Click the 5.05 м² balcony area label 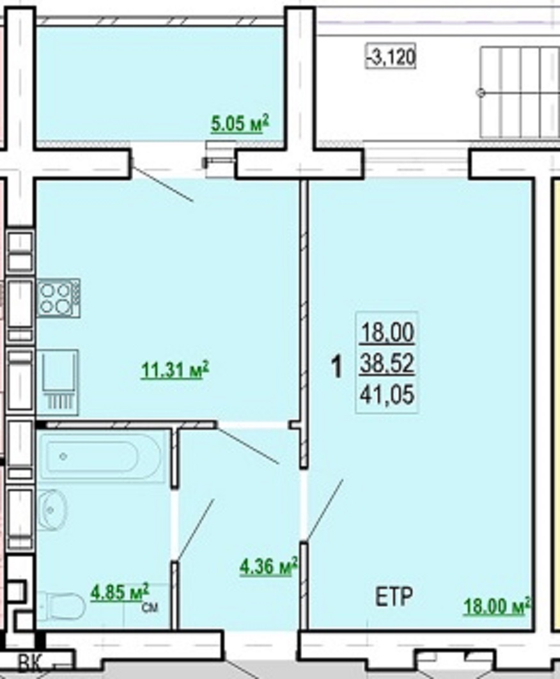point(240,124)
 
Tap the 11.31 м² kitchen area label point(175,370)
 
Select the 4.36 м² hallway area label point(268,567)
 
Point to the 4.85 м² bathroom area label point(120,593)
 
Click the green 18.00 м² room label point(497,606)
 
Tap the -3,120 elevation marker point(391,56)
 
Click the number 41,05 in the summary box point(387,395)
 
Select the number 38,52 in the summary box point(387,364)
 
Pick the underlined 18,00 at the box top point(387,332)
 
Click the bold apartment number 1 point(336,366)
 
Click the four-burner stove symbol point(58,298)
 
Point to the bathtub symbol point(102,456)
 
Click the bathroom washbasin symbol point(52,510)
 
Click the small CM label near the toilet point(150,607)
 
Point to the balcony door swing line point(162,183)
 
